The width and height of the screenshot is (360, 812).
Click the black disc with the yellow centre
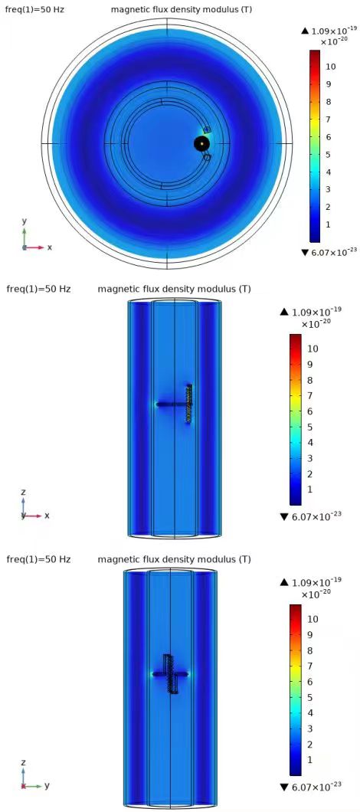(201, 143)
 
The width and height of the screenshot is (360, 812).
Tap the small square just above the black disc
(208, 129)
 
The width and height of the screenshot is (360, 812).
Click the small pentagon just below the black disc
(207, 157)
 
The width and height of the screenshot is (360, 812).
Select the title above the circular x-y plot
(182, 9)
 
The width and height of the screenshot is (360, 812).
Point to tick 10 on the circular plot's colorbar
(329, 67)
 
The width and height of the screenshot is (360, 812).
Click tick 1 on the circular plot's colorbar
(327, 224)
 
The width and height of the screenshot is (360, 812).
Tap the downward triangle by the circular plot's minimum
(305, 252)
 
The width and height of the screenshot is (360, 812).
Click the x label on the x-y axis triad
(50, 247)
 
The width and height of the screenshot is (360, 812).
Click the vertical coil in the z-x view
(189, 404)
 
